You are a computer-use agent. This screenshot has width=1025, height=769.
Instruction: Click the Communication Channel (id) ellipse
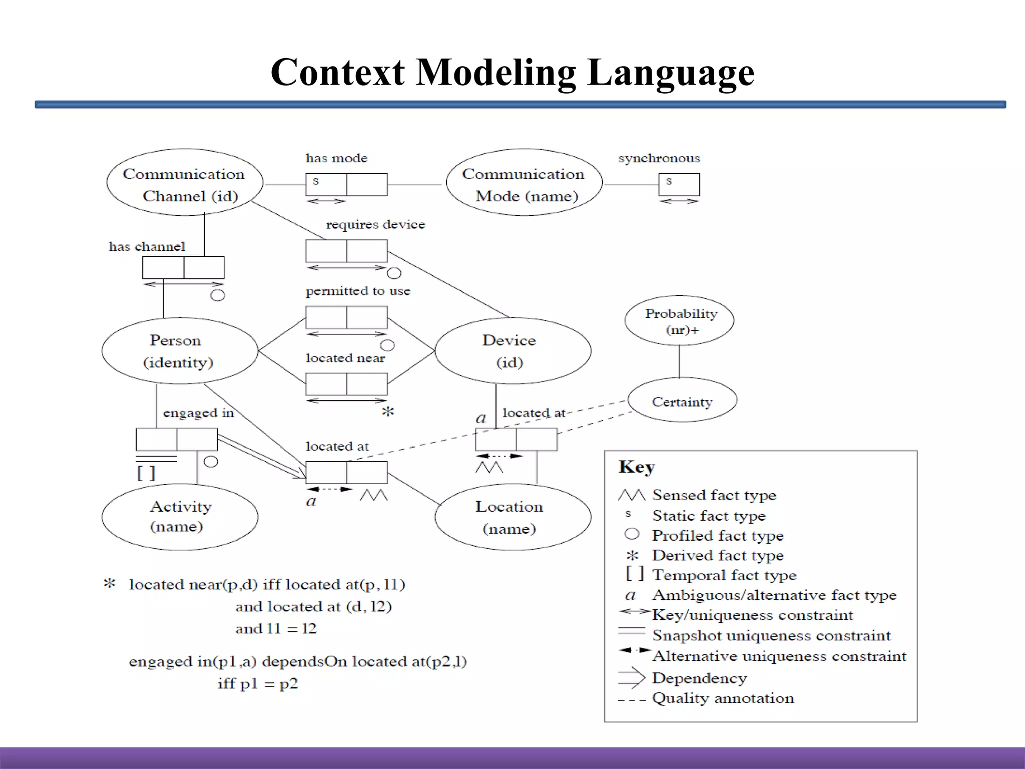point(184,183)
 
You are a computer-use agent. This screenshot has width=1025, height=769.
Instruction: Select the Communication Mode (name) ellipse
point(524,183)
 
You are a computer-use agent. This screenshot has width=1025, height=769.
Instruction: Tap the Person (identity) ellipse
point(179,351)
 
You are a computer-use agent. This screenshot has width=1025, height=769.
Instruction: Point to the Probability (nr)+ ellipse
point(680,321)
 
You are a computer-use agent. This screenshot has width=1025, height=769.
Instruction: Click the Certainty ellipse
point(682,401)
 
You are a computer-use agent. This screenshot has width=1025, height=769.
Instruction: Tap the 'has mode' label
point(336,158)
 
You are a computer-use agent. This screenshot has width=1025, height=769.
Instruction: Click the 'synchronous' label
point(659,158)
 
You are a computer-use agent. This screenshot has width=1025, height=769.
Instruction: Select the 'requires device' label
point(375,224)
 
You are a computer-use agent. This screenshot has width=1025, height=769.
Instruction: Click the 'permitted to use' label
point(358,291)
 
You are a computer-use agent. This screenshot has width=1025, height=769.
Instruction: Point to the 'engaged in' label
point(198,413)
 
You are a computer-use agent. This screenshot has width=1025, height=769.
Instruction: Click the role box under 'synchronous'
point(679,185)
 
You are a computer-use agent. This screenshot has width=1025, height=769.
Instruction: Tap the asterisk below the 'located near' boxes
point(388,412)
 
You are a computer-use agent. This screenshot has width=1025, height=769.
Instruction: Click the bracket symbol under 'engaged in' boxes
point(146,473)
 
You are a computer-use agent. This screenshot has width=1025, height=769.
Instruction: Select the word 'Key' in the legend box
point(636,467)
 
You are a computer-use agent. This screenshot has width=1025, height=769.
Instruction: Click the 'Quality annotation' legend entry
point(722,698)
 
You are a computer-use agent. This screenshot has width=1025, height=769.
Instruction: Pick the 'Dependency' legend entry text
point(699,678)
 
